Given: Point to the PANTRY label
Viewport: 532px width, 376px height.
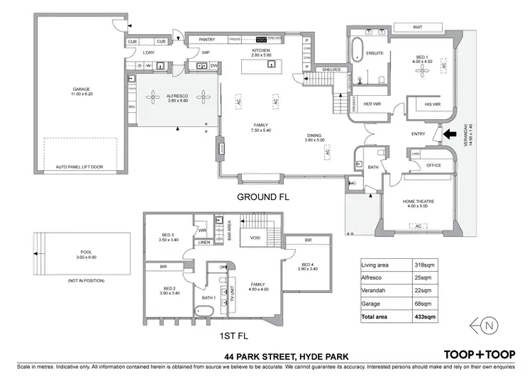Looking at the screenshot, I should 206,40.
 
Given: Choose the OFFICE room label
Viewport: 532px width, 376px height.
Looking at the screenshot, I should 433,165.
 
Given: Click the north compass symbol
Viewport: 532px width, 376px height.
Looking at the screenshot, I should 489,324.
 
